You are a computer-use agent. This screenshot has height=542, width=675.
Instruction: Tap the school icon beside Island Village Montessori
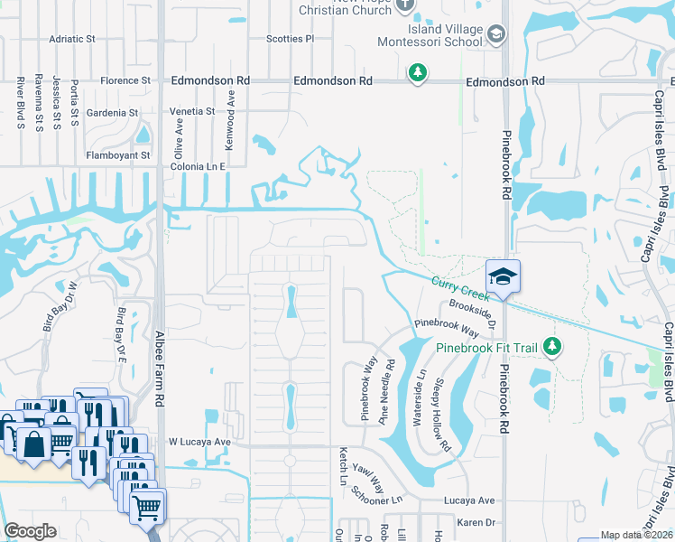495,34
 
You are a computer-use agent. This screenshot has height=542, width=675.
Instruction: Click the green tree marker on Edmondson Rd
417,72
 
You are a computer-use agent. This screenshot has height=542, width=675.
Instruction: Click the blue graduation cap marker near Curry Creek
503,276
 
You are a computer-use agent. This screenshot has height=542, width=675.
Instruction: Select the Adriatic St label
72,40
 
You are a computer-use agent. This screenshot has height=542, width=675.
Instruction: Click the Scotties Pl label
290,40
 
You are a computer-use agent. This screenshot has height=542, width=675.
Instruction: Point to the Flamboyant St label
118,155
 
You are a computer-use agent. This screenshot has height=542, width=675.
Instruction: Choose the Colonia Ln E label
198,167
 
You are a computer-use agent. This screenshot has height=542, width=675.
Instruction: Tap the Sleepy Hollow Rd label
440,415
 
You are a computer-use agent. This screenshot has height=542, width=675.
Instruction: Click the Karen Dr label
478,522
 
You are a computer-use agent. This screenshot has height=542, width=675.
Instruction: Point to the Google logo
30,531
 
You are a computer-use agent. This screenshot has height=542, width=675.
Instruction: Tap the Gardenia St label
112,113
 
